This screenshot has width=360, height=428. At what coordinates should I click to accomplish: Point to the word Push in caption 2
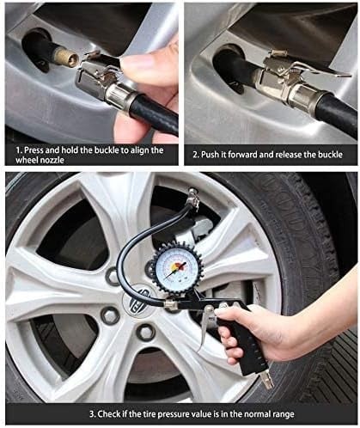pos(211,155)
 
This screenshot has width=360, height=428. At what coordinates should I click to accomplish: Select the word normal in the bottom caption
pos(263,414)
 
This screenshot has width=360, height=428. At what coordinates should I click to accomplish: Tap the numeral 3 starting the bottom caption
pos(92,414)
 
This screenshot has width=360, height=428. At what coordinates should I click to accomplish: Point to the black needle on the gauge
pos(175,271)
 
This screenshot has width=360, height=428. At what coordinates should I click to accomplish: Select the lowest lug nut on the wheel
pos(146,333)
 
